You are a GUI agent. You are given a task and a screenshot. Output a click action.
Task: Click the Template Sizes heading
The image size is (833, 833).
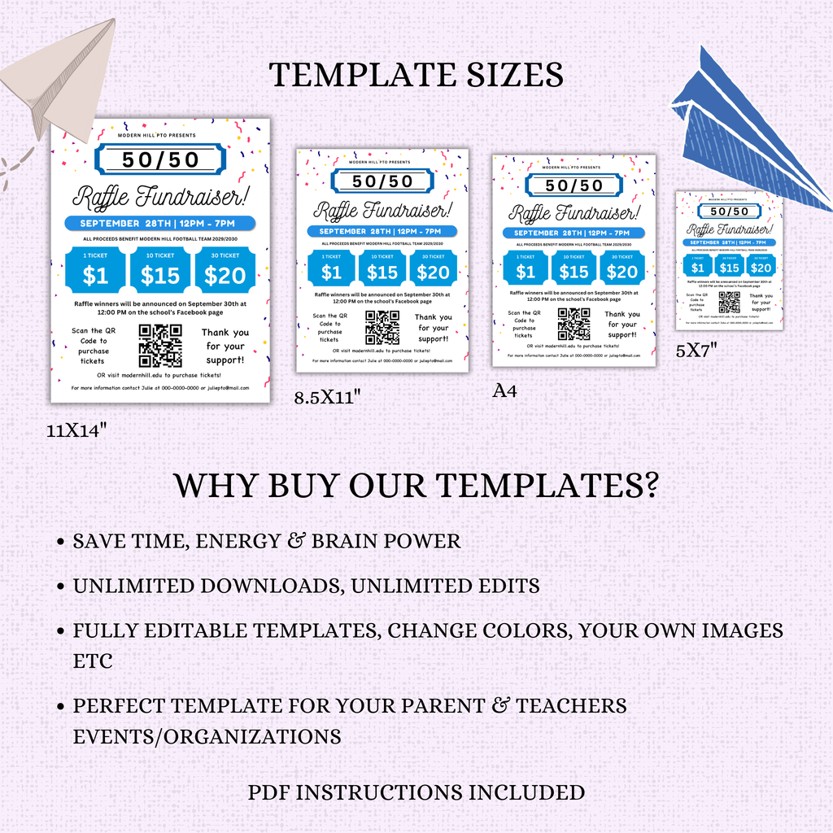[x=416, y=75]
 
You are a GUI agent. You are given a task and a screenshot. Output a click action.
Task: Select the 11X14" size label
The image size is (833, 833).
[x=77, y=431]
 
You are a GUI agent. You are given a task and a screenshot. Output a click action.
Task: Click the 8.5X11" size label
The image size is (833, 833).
[x=327, y=397]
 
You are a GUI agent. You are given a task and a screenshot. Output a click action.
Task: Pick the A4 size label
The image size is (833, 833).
[x=504, y=391]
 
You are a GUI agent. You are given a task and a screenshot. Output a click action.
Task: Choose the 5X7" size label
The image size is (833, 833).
[x=696, y=351]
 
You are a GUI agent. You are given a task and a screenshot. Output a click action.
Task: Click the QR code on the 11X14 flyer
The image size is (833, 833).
[x=160, y=346]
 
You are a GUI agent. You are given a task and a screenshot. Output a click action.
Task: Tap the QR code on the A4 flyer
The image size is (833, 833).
[x=574, y=324]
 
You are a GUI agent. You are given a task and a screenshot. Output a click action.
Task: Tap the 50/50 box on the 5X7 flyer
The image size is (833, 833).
[x=729, y=212]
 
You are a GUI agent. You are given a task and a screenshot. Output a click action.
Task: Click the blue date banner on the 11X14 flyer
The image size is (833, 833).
[x=160, y=223]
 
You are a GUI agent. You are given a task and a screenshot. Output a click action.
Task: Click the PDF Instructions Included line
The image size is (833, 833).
[x=416, y=792]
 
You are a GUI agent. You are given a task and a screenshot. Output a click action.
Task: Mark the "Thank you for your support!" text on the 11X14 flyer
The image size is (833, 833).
[x=225, y=346]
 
